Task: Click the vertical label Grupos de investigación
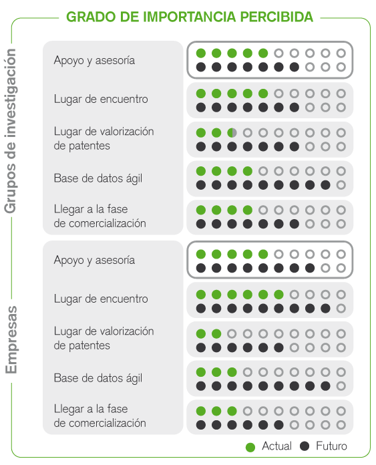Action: pos(11,131)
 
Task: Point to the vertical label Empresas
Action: pos(11,339)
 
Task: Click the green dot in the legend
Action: pos(250,447)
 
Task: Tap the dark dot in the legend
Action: pos(305,446)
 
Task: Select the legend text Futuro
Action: pos(331,446)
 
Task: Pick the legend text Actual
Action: pos(276,446)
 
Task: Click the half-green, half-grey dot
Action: pos(232,132)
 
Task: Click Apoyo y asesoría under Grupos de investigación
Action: pos(94,61)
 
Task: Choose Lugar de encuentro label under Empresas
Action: pos(101,299)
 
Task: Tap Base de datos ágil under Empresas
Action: pos(98,378)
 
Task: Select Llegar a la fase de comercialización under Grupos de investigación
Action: pos(100,216)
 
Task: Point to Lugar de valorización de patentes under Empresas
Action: pos(104,338)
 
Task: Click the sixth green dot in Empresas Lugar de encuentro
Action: pos(278,295)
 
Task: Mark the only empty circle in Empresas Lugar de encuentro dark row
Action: pos(341,309)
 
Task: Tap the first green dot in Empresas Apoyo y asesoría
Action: pos(201,254)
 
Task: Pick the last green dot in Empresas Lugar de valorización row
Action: pos(216,333)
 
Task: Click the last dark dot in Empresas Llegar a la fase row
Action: pos(278,425)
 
